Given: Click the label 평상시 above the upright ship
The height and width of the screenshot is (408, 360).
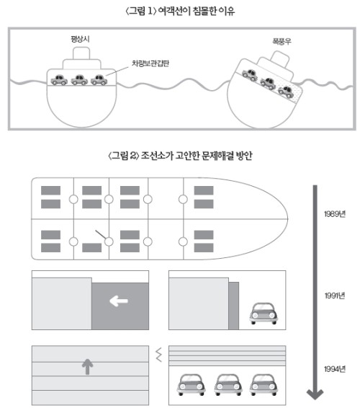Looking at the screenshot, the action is (x=80, y=40).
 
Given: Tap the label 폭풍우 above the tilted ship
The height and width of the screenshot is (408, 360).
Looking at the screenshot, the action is (x=282, y=41).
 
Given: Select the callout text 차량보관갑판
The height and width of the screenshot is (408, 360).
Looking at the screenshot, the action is (x=150, y=63).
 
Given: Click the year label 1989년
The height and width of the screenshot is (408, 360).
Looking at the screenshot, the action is (x=335, y=214).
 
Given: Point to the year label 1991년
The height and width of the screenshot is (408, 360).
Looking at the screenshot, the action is (x=335, y=296).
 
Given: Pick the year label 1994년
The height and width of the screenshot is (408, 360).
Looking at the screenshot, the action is (x=335, y=369).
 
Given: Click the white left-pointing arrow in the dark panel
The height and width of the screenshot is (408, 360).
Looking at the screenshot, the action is (x=119, y=301).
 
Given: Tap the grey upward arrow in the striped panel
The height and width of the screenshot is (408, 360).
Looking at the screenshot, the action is (x=88, y=367).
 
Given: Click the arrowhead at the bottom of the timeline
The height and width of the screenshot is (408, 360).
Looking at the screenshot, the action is (x=315, y=394).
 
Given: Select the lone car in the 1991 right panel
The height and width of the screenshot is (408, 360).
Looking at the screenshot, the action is (x=264, y=314).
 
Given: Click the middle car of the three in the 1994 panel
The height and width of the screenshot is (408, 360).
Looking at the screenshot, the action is (x=228, y=385).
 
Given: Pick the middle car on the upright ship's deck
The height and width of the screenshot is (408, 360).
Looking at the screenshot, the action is (x=79, y=80).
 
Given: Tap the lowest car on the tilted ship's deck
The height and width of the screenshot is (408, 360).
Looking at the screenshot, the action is (x=286, y=92).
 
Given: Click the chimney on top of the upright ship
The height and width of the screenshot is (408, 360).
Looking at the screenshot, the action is (x=81, y=53).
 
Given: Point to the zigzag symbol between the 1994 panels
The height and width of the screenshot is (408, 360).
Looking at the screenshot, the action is (x=159, y=355).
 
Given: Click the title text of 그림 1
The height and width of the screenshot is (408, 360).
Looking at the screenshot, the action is (x=180, y=12).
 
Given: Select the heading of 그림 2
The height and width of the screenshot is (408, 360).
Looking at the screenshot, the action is (x=180, y=156).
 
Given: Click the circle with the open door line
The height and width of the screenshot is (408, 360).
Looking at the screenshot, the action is (x=109, y=241).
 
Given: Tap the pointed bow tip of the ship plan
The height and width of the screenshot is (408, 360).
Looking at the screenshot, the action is (x=288, y=219).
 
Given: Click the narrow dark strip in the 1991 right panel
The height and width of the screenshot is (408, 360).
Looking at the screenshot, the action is (x=233, y=306).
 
